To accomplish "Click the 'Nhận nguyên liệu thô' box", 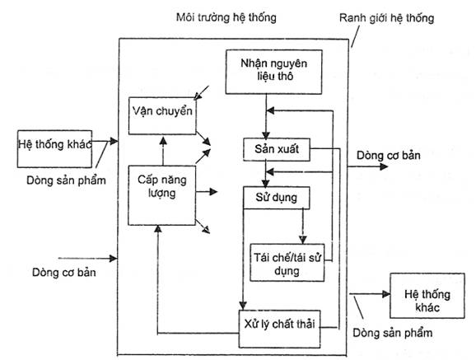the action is coord(273,72).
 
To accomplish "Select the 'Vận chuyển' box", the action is coord(162,116).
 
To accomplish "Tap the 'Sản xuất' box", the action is coord(277,149).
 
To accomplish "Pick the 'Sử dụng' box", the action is coord(276,198).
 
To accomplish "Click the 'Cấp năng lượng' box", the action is coord(161,195).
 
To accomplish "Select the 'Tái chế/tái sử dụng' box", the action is coord(287,263).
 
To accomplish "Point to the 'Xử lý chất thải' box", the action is coord(280,329).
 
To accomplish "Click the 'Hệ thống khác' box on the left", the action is coord(54,149).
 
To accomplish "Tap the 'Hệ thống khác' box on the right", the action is coord(427,296).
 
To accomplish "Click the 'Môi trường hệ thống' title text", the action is coord(226,17).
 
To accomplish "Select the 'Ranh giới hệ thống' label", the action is coord(386,18).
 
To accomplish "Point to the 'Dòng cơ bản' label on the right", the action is coord(389,156).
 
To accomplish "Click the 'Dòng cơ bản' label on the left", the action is coord(64,272).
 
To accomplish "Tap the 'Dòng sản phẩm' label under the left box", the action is coord(66,180).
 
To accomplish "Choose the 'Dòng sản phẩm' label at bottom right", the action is coord(393,333).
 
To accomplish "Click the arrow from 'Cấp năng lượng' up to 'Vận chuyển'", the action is coord(163,151).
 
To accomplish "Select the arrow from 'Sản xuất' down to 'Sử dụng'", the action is coord(266,174).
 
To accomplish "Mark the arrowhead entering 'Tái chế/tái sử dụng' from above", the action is coord(303,240).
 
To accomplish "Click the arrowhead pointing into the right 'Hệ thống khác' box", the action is coord(386,294).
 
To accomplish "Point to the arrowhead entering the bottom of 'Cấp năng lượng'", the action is coord(157,229).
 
